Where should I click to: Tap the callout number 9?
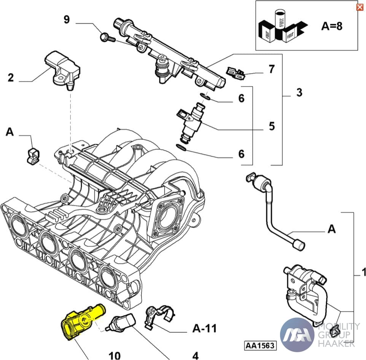point(67,19)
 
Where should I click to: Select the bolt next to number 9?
point(106,37)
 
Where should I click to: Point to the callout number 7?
point(271,69)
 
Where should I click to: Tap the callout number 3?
point(299,92)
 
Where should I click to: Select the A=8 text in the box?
point(332,26)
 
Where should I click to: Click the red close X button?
point(359,7)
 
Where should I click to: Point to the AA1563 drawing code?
point(261,346)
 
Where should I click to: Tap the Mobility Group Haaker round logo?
point(297,334)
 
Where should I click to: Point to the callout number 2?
point(11,78)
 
